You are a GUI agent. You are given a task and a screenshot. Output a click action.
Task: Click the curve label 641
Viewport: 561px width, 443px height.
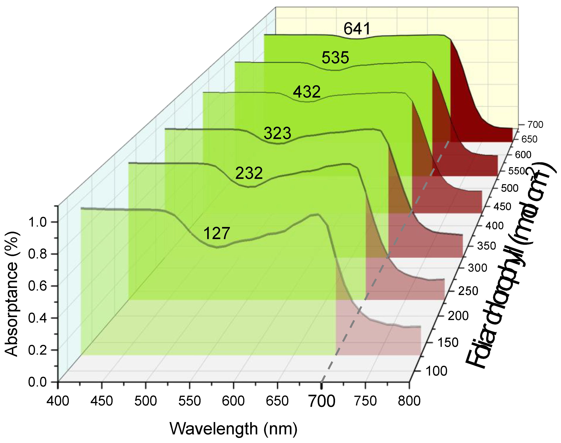click(357, 29)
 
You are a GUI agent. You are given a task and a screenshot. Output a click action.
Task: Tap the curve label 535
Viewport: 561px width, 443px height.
click(335, 58)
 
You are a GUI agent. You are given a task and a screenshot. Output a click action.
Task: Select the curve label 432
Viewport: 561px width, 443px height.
click(306, 92)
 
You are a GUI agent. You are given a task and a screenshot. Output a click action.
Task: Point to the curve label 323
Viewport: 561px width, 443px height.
click(277, 133)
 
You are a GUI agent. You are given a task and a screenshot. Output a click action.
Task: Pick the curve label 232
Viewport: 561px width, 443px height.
click(249, 173)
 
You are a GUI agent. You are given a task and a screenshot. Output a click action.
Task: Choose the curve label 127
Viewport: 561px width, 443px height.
click(217, 233)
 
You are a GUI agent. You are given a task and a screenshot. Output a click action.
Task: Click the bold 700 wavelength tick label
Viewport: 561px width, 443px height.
click(322, 401)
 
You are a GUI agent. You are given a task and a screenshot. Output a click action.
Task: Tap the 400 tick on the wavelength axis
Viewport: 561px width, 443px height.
click(58, 401)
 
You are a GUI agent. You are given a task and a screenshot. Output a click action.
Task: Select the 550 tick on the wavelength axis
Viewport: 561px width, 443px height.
click(190, 401)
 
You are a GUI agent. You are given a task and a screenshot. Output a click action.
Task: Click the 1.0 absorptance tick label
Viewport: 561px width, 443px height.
click(37, 222)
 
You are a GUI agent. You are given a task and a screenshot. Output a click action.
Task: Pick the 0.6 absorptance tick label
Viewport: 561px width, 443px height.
click(37, 286)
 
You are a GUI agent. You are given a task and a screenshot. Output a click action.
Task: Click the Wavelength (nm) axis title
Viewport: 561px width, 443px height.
click(233, 429)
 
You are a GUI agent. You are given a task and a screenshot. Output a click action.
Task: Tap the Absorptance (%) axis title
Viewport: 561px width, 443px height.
click(12, 294)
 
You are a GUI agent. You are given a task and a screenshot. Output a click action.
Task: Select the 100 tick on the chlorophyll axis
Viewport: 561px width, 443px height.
click(436, 371)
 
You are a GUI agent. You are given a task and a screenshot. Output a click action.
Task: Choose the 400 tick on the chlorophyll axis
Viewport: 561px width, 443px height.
click(495, 226)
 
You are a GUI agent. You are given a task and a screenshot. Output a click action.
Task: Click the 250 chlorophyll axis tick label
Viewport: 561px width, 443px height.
click(468, 291)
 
